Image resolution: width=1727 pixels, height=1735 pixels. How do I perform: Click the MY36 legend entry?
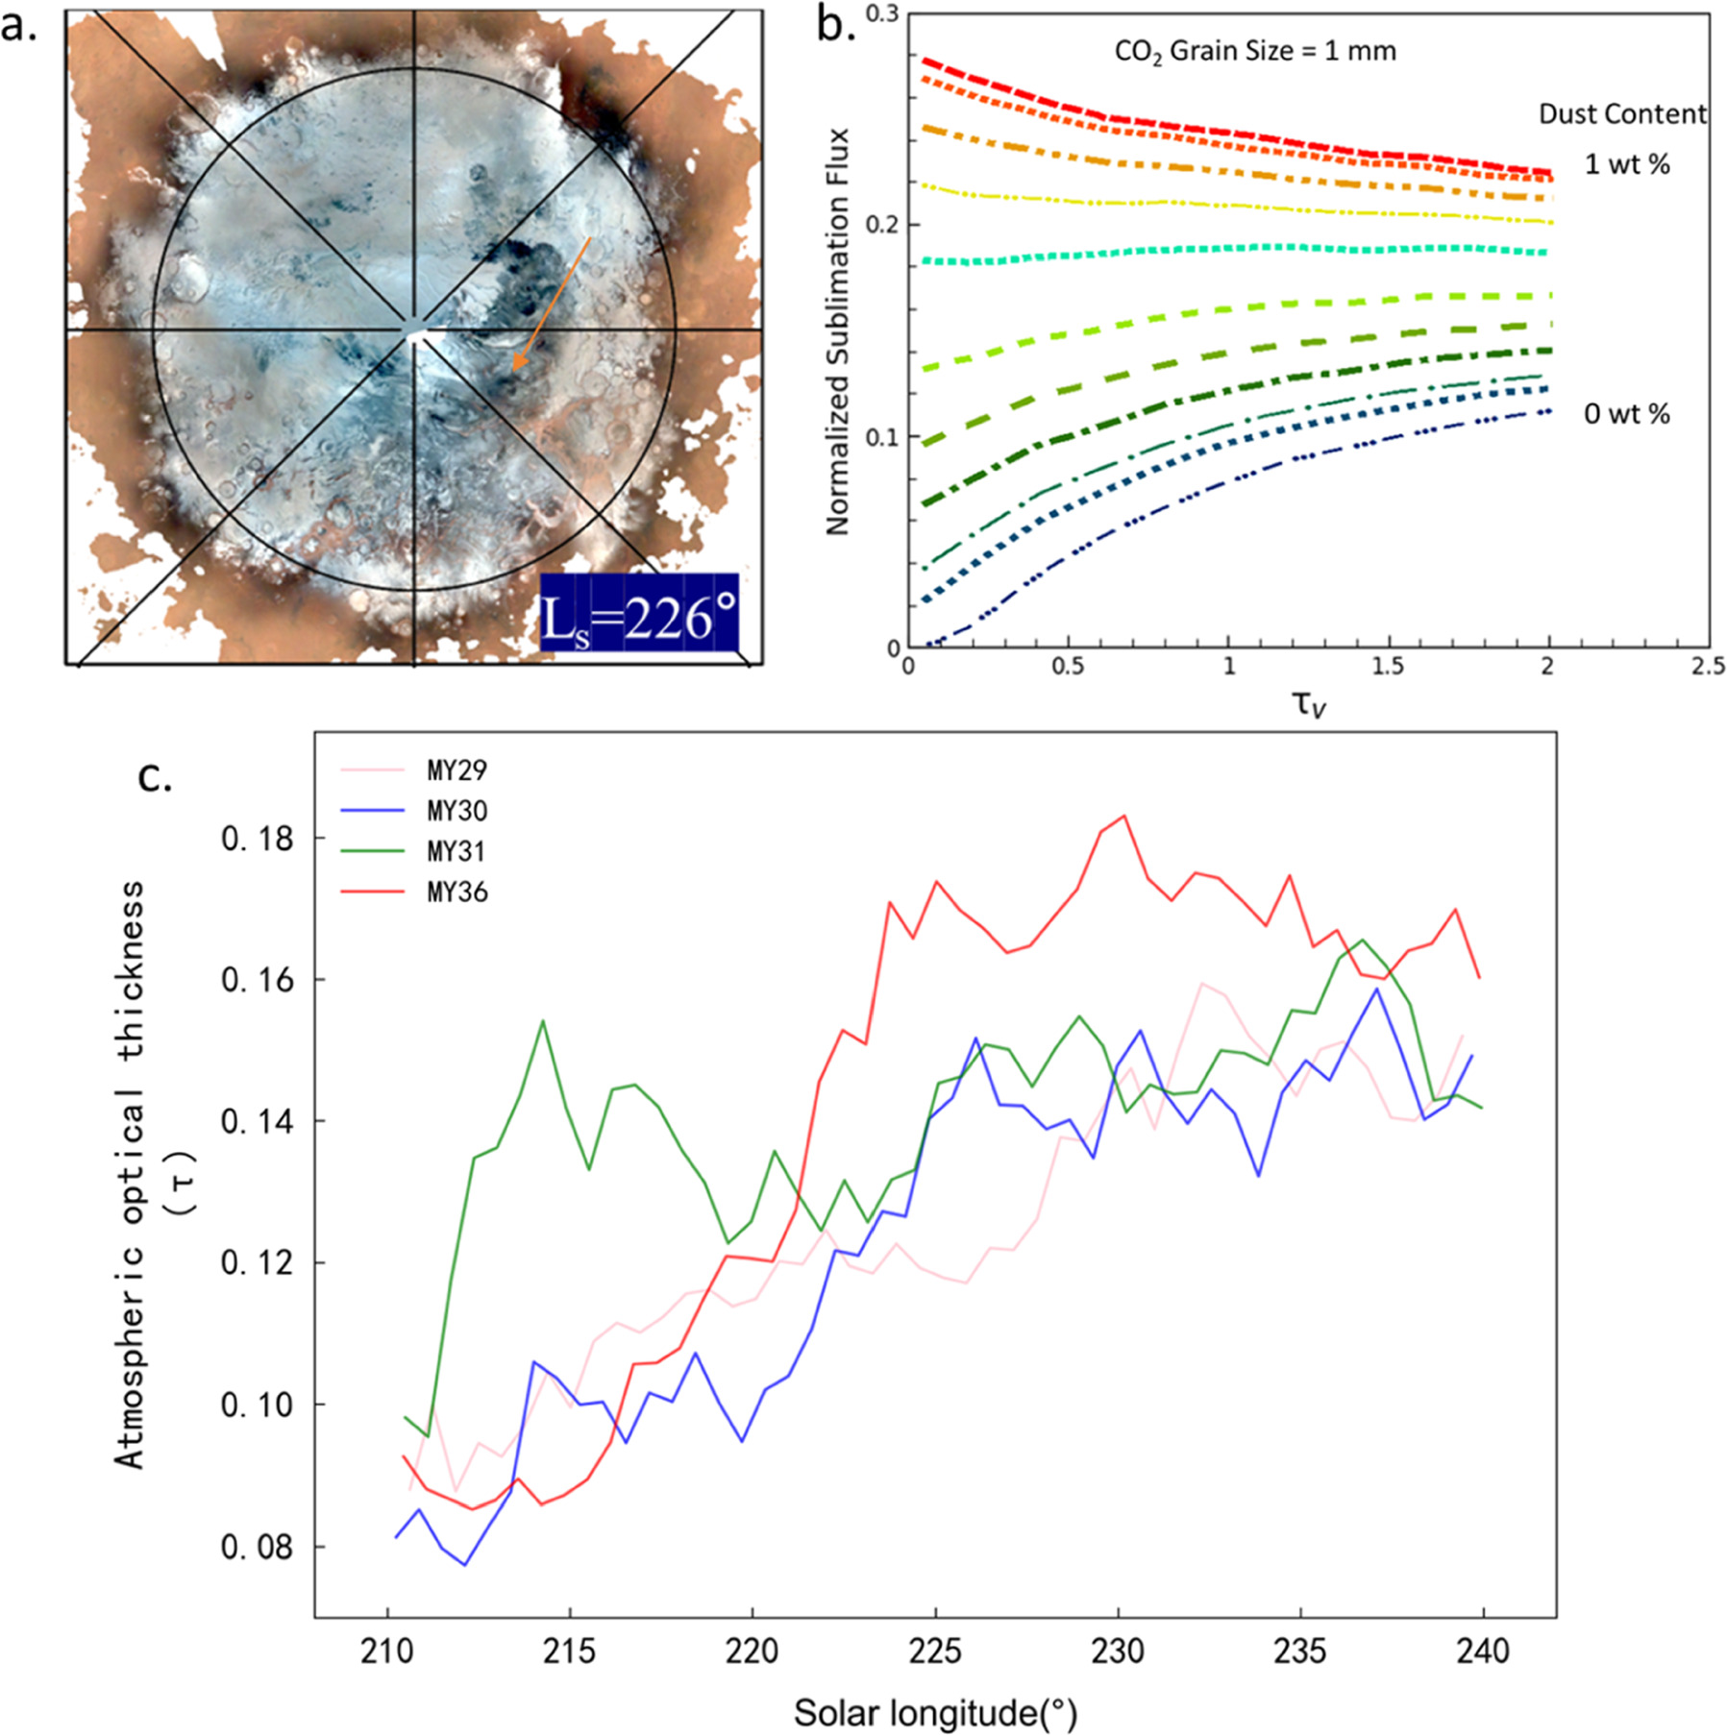[456, 892]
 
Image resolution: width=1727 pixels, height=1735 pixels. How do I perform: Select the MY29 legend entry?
[456, 770]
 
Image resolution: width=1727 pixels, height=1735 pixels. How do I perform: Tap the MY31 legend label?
[456, 852]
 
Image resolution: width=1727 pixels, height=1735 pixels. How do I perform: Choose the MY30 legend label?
[456, 812]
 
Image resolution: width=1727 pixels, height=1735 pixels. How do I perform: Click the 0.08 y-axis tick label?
[257, 1548]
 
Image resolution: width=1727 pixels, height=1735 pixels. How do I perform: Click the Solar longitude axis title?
[935, 1712]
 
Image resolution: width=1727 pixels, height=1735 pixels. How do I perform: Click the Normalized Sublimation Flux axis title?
[838, 332]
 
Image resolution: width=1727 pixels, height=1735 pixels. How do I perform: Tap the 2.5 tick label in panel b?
[1707, 666]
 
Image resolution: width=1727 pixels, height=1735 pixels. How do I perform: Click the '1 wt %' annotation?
[1627, 164]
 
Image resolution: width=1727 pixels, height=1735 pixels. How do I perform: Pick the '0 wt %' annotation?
[1627, 414]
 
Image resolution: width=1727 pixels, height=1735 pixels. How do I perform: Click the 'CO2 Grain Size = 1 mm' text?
[1255, 51]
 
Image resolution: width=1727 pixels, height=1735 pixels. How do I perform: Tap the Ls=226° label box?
[639, 614]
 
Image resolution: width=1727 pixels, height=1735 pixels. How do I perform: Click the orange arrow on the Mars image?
[553, 303]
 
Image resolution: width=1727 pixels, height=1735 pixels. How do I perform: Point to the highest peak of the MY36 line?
[1123, 816]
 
